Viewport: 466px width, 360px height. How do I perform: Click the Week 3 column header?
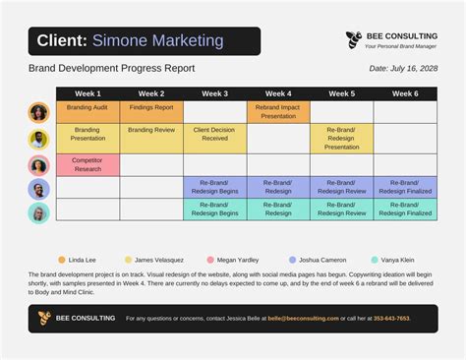click(x=215, y=93)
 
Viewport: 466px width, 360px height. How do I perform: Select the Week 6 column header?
click(x=405, y=93)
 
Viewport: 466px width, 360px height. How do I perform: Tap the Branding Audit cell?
click(x=87, y=107)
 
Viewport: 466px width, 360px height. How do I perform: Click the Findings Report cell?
click(x=151, y=107)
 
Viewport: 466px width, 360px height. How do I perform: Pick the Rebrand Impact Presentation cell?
click(x=278, y=111)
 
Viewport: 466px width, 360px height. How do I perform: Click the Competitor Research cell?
click(x=87, y=164)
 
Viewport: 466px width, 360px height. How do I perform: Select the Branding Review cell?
click(x=151, y=130)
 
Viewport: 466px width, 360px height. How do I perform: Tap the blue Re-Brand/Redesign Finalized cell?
click(x=405, y=187)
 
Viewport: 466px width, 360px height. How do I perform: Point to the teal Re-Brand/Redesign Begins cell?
click(x=214, y=210)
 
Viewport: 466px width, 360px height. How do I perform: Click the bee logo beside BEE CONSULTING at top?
click(x=354, y=39)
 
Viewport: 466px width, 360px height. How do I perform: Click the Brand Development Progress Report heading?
click(x=111, y=69)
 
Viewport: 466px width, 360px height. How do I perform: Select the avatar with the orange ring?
click(x=38, y=112)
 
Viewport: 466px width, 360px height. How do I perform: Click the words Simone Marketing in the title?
click(x=157, y=41)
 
